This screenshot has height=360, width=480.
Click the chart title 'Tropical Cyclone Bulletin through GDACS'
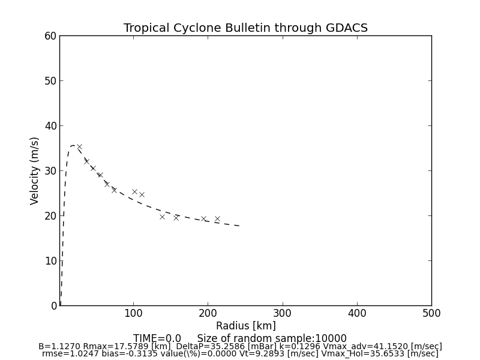(245, 28)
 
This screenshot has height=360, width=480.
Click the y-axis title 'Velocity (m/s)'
(35, 170)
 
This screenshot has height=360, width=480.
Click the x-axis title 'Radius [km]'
(245, 326)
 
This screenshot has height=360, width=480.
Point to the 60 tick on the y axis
(50, 36)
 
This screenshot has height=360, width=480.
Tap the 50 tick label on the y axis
(50, 81)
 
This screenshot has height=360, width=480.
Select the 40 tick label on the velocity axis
(50, 126)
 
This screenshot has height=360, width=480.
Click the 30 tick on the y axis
(50, 171)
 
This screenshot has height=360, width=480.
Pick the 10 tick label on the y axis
(50, 261)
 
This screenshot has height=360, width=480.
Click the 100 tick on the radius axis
(133, 313)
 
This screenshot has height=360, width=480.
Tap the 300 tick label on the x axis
(283, 313)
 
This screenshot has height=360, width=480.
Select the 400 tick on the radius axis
(357, 313)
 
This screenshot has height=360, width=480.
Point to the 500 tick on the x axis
(431, 313)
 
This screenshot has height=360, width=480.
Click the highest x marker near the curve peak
(79, 146)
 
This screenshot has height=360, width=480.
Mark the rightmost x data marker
(217, 219)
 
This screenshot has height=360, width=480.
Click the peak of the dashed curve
(73, 145)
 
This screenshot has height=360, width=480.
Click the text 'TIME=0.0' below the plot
(157, 338)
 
